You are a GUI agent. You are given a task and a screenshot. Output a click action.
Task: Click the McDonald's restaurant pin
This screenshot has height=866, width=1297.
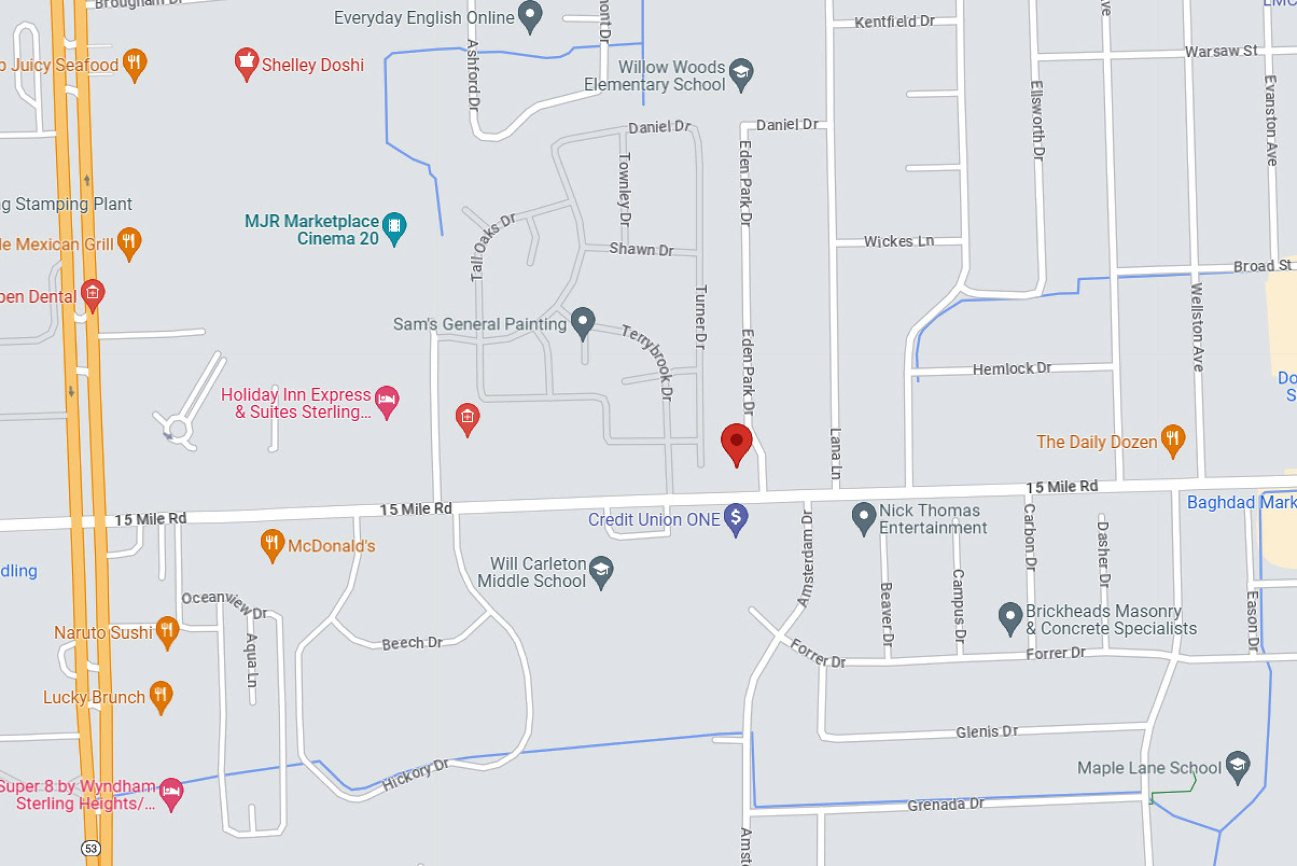pos(272,543)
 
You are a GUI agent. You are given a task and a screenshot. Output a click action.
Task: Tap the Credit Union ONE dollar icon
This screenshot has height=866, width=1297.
pos(736,517)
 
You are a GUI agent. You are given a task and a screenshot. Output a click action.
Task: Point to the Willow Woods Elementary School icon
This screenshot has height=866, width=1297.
pos(741,73)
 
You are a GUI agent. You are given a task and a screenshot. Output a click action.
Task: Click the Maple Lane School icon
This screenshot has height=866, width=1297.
pos(1238,766)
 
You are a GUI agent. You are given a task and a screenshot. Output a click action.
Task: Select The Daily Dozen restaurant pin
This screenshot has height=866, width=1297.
pos(1173,439)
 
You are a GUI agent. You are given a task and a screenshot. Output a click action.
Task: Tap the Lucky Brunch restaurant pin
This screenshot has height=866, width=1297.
pos(161,695)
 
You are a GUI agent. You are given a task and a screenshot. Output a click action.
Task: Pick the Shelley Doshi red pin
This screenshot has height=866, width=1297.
pos(246,62)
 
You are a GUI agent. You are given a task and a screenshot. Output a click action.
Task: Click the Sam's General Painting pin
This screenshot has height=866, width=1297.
pos(582,321)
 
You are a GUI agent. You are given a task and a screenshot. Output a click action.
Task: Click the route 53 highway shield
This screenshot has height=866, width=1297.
pos(91,848)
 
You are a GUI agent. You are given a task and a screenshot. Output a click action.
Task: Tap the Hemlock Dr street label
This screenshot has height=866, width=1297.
pos(1012,368)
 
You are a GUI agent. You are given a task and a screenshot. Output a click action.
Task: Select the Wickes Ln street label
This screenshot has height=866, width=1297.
pos(899,241)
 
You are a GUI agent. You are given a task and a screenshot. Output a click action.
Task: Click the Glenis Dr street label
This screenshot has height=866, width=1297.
pos(986,731)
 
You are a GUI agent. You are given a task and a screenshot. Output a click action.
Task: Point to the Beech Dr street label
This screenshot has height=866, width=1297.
pos(412,643)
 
